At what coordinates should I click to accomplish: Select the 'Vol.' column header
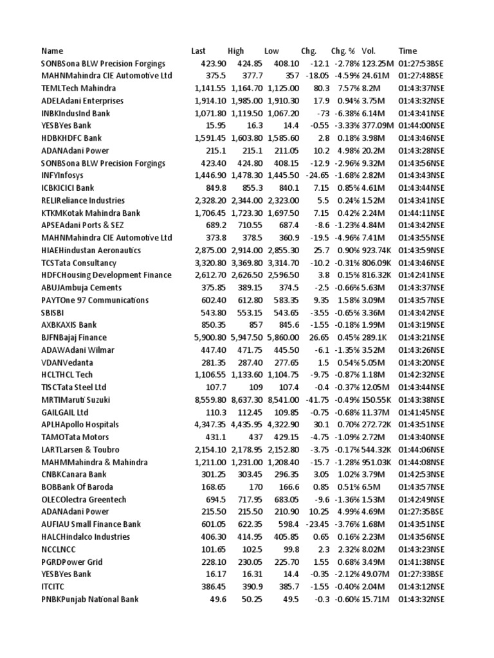click(368, 51)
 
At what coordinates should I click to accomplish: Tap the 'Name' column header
click(53, 51)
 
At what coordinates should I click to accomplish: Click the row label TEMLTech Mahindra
click(78, 88)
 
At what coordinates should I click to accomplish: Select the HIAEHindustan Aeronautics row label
click(91, 250)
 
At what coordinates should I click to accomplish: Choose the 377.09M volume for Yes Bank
click(378, 125)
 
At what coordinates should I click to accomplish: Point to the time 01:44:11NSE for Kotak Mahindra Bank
click(421, 213)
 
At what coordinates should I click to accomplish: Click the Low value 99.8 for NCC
click(291, 549)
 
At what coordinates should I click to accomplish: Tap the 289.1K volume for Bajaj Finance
click(374, 337)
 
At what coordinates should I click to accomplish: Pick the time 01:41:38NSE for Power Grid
click(421, 562)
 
